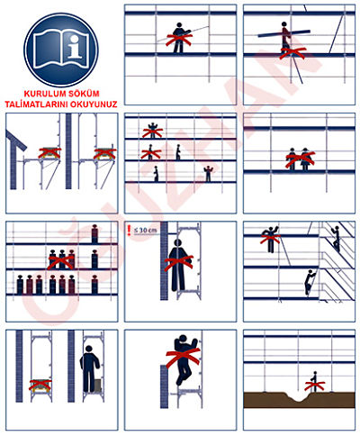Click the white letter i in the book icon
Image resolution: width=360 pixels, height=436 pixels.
tap(74, 47)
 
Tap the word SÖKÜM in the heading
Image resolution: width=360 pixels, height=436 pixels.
tap(84, 94)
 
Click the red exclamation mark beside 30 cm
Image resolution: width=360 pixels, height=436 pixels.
tap(129, 230)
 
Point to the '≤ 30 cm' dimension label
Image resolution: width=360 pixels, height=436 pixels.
tap(145, 231)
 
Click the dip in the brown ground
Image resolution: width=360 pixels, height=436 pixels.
tap(296, 398)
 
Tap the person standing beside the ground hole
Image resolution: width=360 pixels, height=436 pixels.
tap(314, 382)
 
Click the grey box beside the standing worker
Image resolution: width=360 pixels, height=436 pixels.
tap(97, 386)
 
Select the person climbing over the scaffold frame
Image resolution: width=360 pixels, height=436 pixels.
tap(184, 359)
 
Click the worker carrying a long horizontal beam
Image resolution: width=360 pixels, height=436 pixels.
tap(285, 38)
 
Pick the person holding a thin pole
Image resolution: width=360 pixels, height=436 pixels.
tap(179, 38)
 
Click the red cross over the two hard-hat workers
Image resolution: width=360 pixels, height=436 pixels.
tap(300, 159)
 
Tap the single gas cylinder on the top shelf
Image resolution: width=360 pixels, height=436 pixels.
tap(94, 233)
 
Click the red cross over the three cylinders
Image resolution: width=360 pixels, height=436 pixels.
tap(61, 262)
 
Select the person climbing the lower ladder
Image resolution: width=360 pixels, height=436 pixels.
tap(310, 282)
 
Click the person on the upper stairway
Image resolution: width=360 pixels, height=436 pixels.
tap(336, 239)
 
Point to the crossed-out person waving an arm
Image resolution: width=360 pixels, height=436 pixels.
tap(271, 240)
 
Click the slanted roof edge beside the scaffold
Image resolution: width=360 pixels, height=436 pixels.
tap(16, 141)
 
